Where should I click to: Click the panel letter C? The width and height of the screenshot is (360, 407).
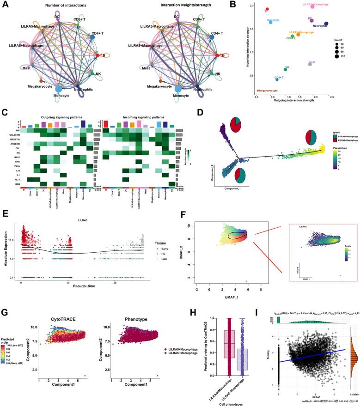tap(4, 112)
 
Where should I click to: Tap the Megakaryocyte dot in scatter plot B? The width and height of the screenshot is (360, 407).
tap(258, 91)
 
